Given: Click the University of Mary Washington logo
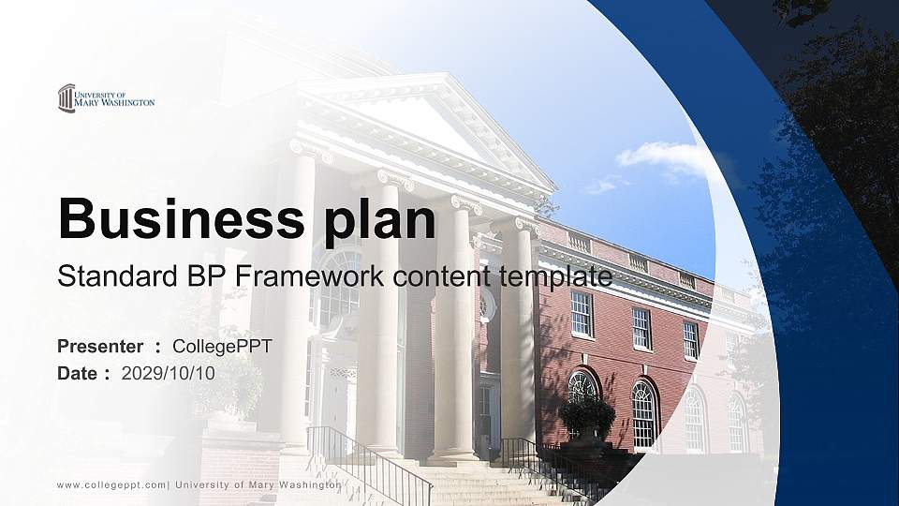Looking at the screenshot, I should coord(105,98).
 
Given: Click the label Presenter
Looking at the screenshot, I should coord(100,347).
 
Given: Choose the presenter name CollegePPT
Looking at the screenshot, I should coord(222,347).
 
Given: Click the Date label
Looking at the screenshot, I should coord(78,373).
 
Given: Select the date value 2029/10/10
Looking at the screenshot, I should coord(169,373).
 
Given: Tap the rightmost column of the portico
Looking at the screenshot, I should coord(517,337).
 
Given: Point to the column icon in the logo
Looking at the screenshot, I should coord(66,98).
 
